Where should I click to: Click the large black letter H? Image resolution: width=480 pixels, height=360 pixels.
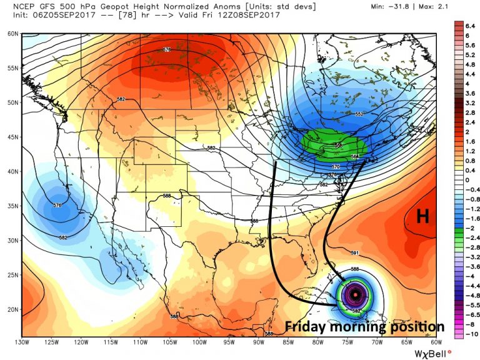(422, 216)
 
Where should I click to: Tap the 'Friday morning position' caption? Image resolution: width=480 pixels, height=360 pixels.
(365, 327)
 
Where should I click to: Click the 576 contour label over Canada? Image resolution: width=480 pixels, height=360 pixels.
(167, 49)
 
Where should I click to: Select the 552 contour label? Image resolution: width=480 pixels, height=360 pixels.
(359, 114)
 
